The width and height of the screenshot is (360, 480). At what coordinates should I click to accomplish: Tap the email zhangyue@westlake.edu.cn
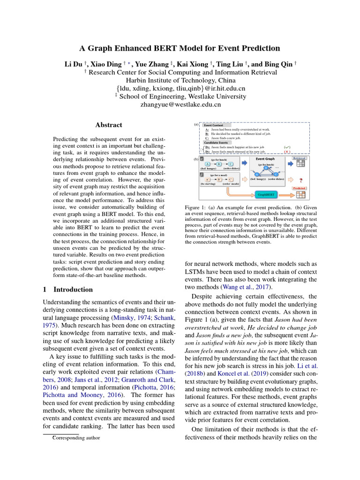[180, 105]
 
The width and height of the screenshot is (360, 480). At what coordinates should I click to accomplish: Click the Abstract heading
[109, 125]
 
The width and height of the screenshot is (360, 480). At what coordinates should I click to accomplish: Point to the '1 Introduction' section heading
[67, 289]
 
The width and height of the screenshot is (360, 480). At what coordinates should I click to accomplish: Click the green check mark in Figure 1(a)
[287, 147]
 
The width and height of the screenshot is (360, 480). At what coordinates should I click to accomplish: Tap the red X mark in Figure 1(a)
[287, 152]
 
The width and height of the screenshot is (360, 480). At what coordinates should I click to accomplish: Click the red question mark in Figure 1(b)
[300, 180]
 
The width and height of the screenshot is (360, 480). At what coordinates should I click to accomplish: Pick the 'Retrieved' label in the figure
[300, 158]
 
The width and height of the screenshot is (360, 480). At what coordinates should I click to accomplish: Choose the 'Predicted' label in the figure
[299, 187]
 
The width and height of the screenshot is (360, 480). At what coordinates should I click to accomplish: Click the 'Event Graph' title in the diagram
[265, 159]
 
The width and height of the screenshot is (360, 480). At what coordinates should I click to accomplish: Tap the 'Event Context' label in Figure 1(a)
[214, 125]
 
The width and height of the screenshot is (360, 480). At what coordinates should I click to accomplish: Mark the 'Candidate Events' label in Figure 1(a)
[216, 142]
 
